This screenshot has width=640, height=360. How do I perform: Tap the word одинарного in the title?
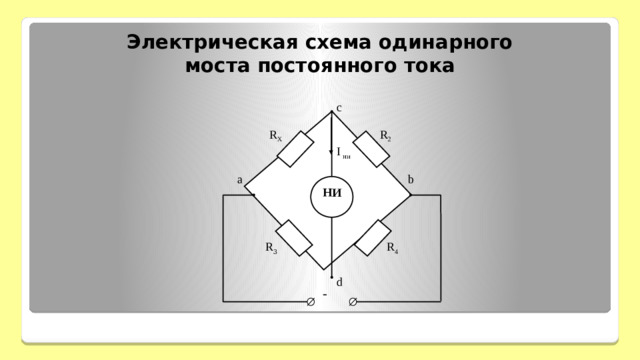click(450, 43)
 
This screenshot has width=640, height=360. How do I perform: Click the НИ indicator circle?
click(332, 194)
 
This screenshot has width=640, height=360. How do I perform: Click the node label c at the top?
click(339, 107)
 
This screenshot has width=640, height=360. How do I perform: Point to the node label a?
click(240, 180)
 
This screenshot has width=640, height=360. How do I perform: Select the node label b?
click(411, 180)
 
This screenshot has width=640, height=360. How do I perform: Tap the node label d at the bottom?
click(339, 281)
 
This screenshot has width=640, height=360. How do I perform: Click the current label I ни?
click(343, 153)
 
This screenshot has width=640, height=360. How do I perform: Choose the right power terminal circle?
click(353, 300)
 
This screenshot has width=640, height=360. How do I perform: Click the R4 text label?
click(393, 250)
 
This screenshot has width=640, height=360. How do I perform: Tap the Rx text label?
click(275, 135)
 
